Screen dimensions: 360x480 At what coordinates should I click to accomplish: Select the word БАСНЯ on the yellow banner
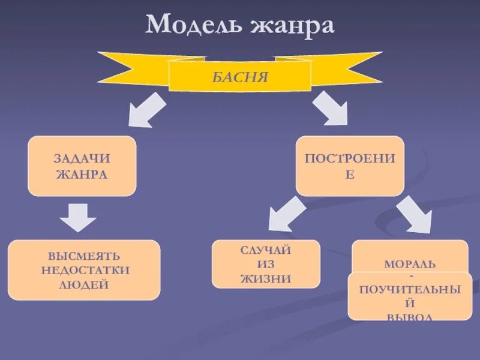[x=239, y=76]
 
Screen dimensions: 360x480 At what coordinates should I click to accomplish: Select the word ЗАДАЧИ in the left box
[x=82, y=159]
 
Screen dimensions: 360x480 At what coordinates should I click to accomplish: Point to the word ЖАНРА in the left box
[x=82, y=175]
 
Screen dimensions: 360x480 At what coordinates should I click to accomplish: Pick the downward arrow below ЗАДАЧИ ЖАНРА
[x=77, y=217]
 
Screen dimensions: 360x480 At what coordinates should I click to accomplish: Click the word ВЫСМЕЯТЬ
[x=85, y=256]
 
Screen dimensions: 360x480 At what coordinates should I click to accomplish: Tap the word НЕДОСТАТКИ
[x=85, y=270]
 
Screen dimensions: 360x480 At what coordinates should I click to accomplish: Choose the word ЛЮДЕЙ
[x=85, y=284]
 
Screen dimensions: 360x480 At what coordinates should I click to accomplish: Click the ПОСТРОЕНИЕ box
[x=350, y=166]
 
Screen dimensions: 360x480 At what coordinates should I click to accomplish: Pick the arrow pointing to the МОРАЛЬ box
[x=415, y=215]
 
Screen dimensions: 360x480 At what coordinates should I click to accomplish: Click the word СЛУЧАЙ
[x=266, y=250]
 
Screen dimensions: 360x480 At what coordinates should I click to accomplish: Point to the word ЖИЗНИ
[x=266, y=278]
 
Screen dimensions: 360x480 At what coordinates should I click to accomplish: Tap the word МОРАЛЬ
[x=410, y=264]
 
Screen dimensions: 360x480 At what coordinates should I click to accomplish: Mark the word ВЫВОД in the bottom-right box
[x=410, y=316]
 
